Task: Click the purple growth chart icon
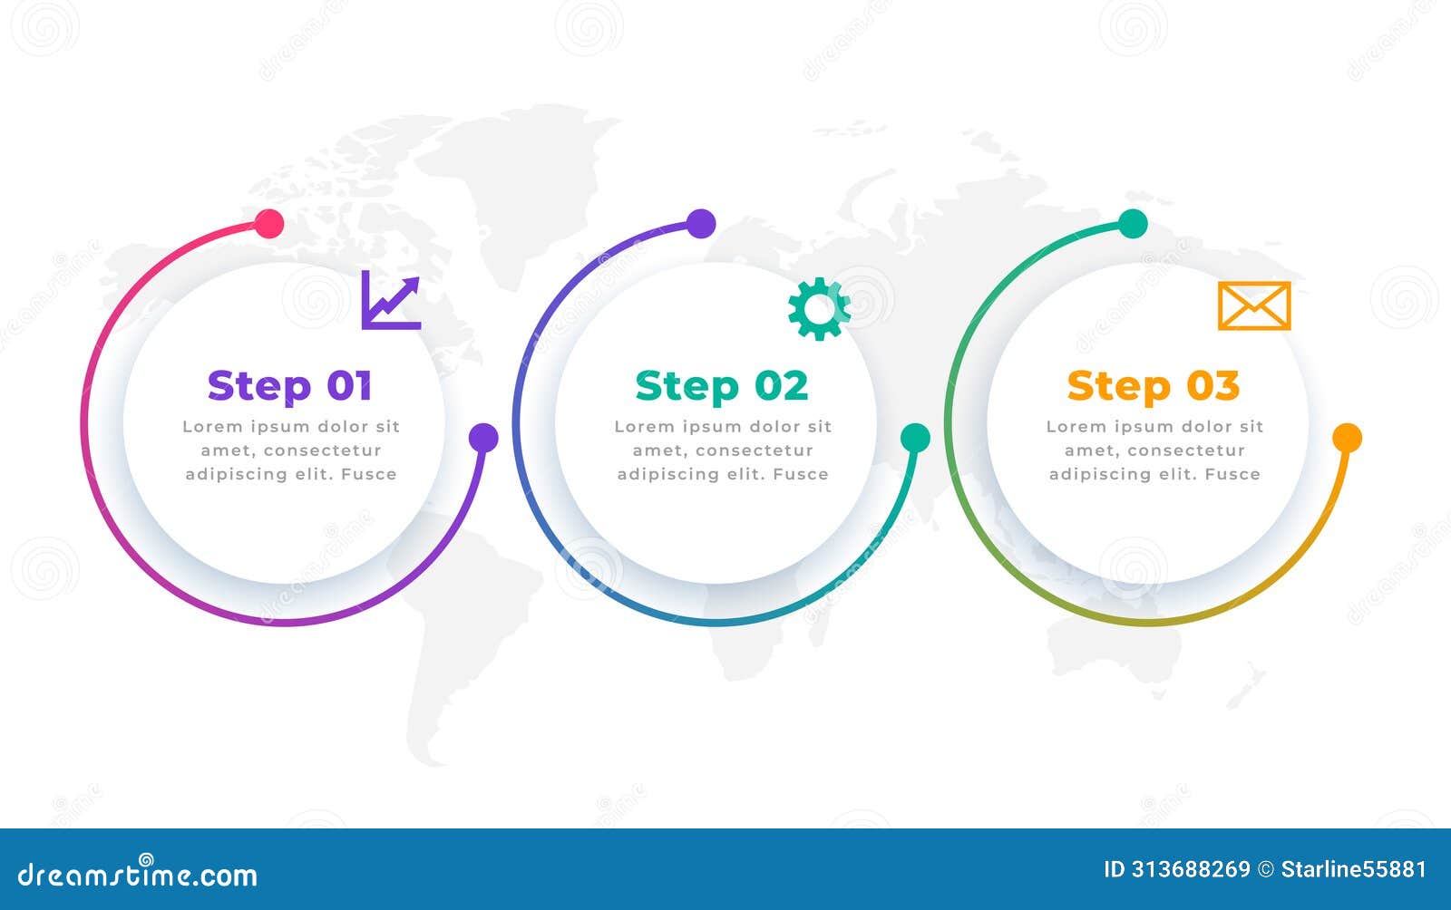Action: [391, 300]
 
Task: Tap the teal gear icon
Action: [819, 309]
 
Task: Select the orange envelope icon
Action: [1254, 305]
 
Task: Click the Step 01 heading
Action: [289, 386]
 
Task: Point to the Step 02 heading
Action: [722, 386]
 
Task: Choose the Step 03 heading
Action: [1153, 386]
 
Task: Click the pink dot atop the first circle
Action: [268, 224]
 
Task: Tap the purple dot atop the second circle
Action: [701, 224]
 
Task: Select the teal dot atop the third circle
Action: [1133, 224]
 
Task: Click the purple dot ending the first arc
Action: [483, 438]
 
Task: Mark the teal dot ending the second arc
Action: [915, 438]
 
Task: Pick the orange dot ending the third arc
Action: [1348, 438]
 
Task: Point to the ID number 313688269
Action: [1191, 869]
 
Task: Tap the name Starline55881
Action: [1354, 869]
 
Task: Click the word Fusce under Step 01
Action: [368, 474]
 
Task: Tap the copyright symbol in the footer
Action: [1266, 869]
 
